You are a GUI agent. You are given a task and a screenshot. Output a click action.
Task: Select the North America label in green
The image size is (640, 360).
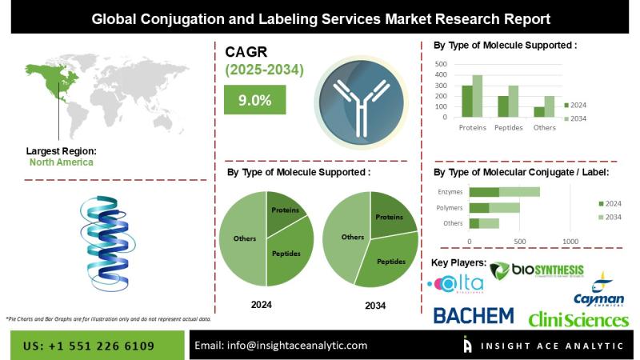[x=61, y=162]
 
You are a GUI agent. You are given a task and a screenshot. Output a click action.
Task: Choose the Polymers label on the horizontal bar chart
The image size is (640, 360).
[x=450, y=207]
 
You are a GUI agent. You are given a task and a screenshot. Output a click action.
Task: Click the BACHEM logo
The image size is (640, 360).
[x=474, y=315]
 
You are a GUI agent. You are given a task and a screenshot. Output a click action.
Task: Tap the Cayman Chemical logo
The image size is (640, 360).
[x=600, y=292]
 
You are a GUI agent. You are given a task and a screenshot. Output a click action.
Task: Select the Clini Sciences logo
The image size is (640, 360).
[x=578, y=320]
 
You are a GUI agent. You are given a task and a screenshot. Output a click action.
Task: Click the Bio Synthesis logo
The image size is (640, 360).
[x=537, y=273]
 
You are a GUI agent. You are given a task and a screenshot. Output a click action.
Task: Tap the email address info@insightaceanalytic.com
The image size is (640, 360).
[x=281, y=346]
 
